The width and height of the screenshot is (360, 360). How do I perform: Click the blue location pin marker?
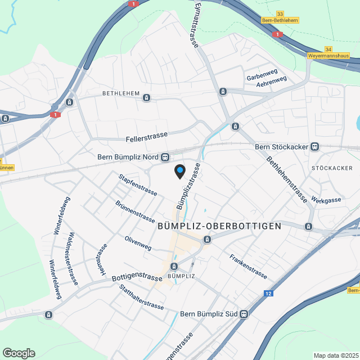coord(179,171)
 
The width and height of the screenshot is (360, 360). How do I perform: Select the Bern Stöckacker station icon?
coord(314,147)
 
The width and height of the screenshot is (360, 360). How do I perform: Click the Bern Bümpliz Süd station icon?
coord(244,314)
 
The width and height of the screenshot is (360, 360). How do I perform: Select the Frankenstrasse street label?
coord(248,266)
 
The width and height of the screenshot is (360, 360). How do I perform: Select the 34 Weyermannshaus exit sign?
coord(328,53)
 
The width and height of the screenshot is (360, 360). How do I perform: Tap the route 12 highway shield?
coord(268,294)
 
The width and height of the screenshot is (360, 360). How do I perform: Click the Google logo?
coord(18,353)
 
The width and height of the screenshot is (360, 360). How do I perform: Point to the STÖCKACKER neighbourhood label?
coord(331,168)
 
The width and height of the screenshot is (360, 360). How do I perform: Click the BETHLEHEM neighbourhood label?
coord(120,93)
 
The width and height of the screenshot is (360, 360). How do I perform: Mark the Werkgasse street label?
coord(326,200)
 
